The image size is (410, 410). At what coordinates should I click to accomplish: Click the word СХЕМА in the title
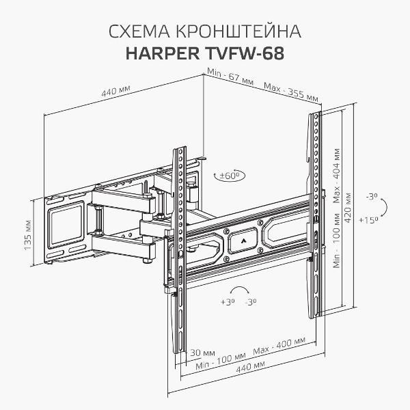(x=137, y=33)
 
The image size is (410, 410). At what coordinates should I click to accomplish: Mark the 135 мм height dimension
(x=28, y=235)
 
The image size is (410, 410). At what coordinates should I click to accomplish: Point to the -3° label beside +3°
(x=251, y=301)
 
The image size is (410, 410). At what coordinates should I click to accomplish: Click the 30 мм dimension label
(x=199, y=352)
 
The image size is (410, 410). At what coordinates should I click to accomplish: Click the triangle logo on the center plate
(x=244, y=241)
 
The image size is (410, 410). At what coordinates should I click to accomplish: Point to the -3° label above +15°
(x=371, y=196)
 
